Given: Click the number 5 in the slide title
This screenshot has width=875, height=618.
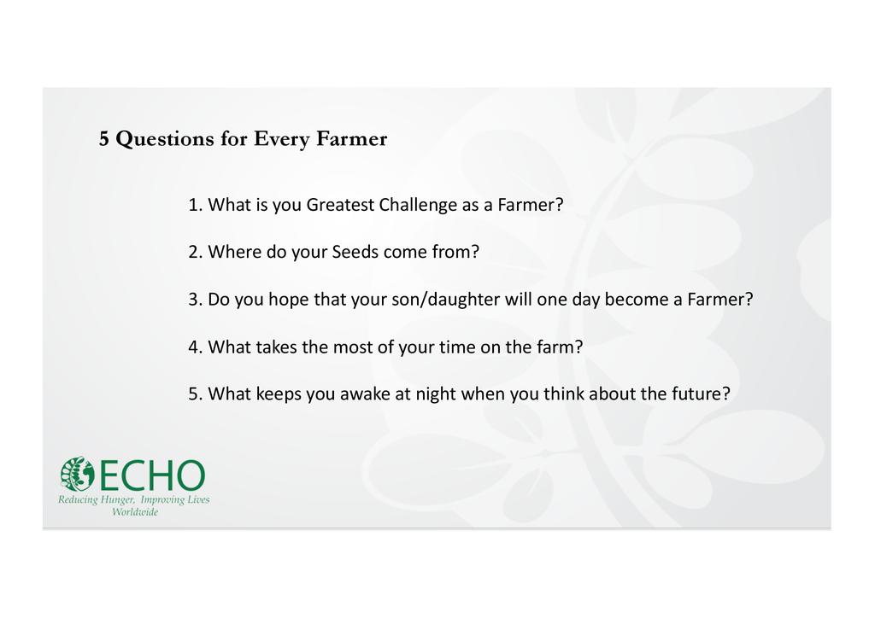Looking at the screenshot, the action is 103,138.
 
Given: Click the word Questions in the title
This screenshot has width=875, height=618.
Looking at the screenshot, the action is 165,139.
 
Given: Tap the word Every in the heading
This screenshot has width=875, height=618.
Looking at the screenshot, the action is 281,139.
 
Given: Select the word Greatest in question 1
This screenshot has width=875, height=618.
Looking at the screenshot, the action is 340,205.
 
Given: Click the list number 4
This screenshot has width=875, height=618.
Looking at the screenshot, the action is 193,347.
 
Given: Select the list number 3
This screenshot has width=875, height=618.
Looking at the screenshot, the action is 193,300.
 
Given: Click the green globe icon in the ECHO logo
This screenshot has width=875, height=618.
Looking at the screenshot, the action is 78,475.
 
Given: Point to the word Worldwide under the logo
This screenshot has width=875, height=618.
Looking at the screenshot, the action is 134,512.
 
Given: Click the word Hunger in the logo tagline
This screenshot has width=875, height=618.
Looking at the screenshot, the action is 117,500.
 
